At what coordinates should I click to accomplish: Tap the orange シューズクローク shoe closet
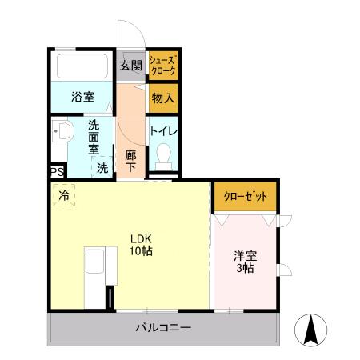[163, 66]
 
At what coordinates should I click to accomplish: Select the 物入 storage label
[162, 98]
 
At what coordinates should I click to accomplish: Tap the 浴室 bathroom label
[82, 98]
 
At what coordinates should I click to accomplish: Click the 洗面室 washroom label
[94, 135]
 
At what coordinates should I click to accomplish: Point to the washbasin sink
[61, 134]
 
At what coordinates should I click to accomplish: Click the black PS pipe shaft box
[55, 171]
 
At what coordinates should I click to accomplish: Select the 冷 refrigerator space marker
[62, 194]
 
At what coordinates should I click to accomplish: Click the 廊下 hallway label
[130, 159]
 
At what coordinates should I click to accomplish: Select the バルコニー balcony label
[162, 327]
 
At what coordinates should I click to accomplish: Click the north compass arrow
[311, 329]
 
